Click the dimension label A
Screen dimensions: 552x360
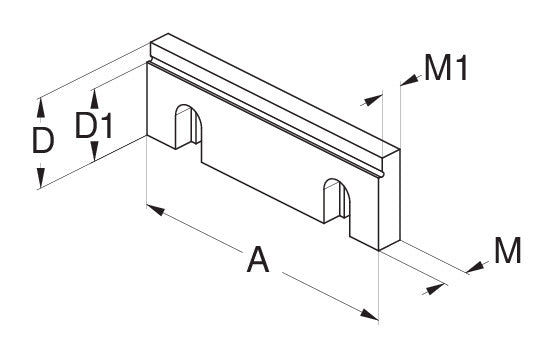pyautogui.click(x=258, y=260)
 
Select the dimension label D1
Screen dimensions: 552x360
pyautogui.click(x=94, y=125)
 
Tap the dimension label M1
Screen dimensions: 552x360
pyautogui.click(x=446, y=68)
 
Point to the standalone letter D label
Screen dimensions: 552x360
pyautogui.click(x=43, y=140)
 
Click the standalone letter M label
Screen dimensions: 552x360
pyautogui.click(x=508, y=250)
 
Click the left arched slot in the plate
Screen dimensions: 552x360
pyautogui.click(x=189, y=126)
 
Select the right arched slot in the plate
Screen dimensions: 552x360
pyautogui.click(x=337, y=200)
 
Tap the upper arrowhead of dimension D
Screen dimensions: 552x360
pyautogui.click(x=41, y=108)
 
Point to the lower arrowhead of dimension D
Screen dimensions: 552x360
pyautogui.click(x=41, y=177)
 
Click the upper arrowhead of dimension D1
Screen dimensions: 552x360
pyautogui.click(x=94, y=99)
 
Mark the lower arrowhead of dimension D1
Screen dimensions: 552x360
pyautogui.click(x=94, y=151)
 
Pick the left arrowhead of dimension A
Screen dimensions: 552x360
pyautogui.click(x=156, y=209)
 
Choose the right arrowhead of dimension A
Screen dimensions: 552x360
pyautogui.click(x=369, y=314)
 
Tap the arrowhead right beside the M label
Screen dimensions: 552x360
pyautogui.click(x=475, y=268)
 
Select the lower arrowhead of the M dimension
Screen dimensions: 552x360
pyautogui.click(x=435, y=289)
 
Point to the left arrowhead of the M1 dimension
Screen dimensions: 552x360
pyautogui.click(x=373, y=100)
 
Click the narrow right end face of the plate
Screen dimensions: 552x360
pyautogui.click(x=390, y=200)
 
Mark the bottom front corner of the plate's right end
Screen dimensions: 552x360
pyautogui.click(x=379, y=250)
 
